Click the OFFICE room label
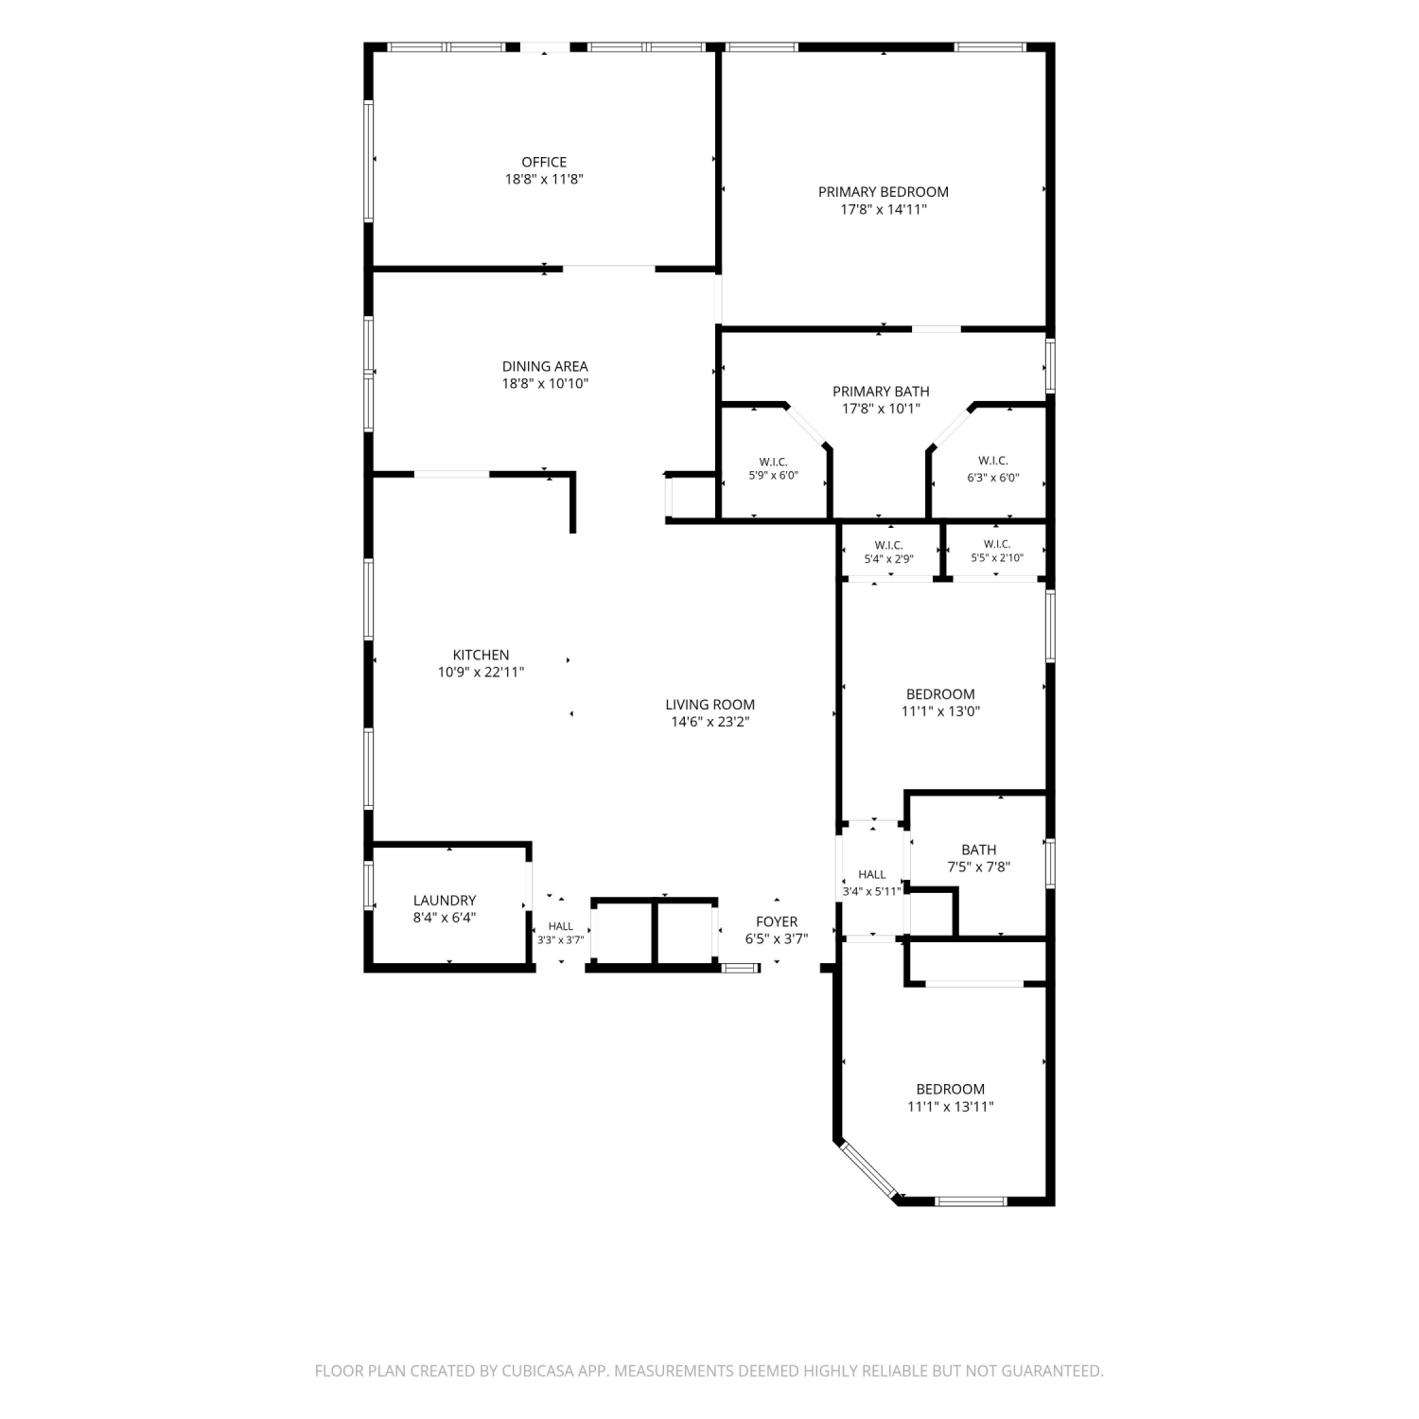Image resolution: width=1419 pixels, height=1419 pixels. pos(544,163)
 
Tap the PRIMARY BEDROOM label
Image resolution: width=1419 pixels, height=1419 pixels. pos(884,192)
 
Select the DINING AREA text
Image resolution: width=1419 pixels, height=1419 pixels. pos(545,367)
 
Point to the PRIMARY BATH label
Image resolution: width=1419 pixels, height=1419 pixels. pos(881,392)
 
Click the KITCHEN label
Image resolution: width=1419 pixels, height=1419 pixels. pos(481,655)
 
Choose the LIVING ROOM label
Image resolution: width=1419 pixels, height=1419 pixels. pos(710,705)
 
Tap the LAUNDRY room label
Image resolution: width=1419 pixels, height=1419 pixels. pos(445,901)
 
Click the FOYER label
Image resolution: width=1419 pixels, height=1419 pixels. pos(777,921)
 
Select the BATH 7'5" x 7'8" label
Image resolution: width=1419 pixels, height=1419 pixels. pos(979,858)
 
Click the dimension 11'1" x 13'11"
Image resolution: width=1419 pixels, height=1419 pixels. pos(951,1107)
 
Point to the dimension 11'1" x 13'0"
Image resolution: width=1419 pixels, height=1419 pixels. pos(940,711)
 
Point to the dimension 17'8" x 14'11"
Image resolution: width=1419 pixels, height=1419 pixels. pos(884,209)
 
